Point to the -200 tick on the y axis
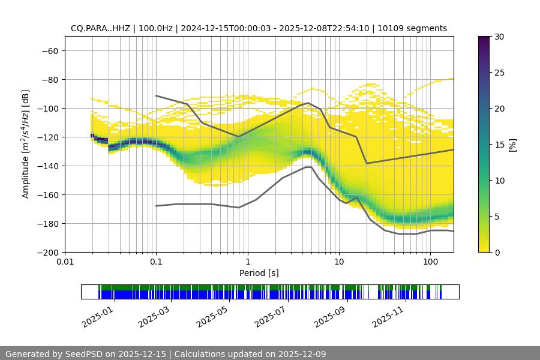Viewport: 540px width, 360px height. [48, 252]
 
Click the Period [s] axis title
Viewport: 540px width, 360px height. [259, 273]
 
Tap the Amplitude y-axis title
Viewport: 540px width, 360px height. [26, 144]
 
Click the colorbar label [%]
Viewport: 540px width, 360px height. [512, 145]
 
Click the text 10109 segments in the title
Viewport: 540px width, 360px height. [417, 28]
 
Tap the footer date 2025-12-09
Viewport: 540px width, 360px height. [298, 354]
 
